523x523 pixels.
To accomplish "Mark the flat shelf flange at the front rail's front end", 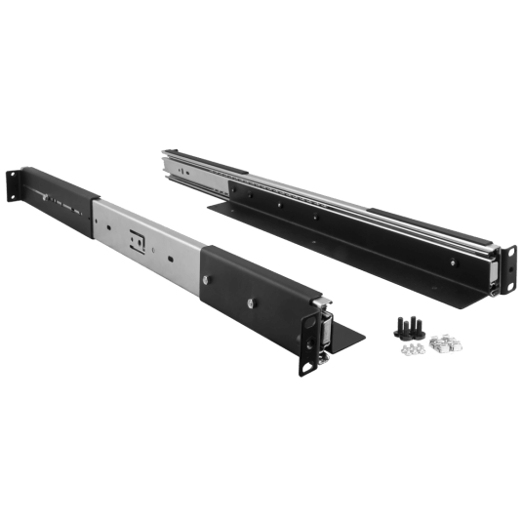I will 346,337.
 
